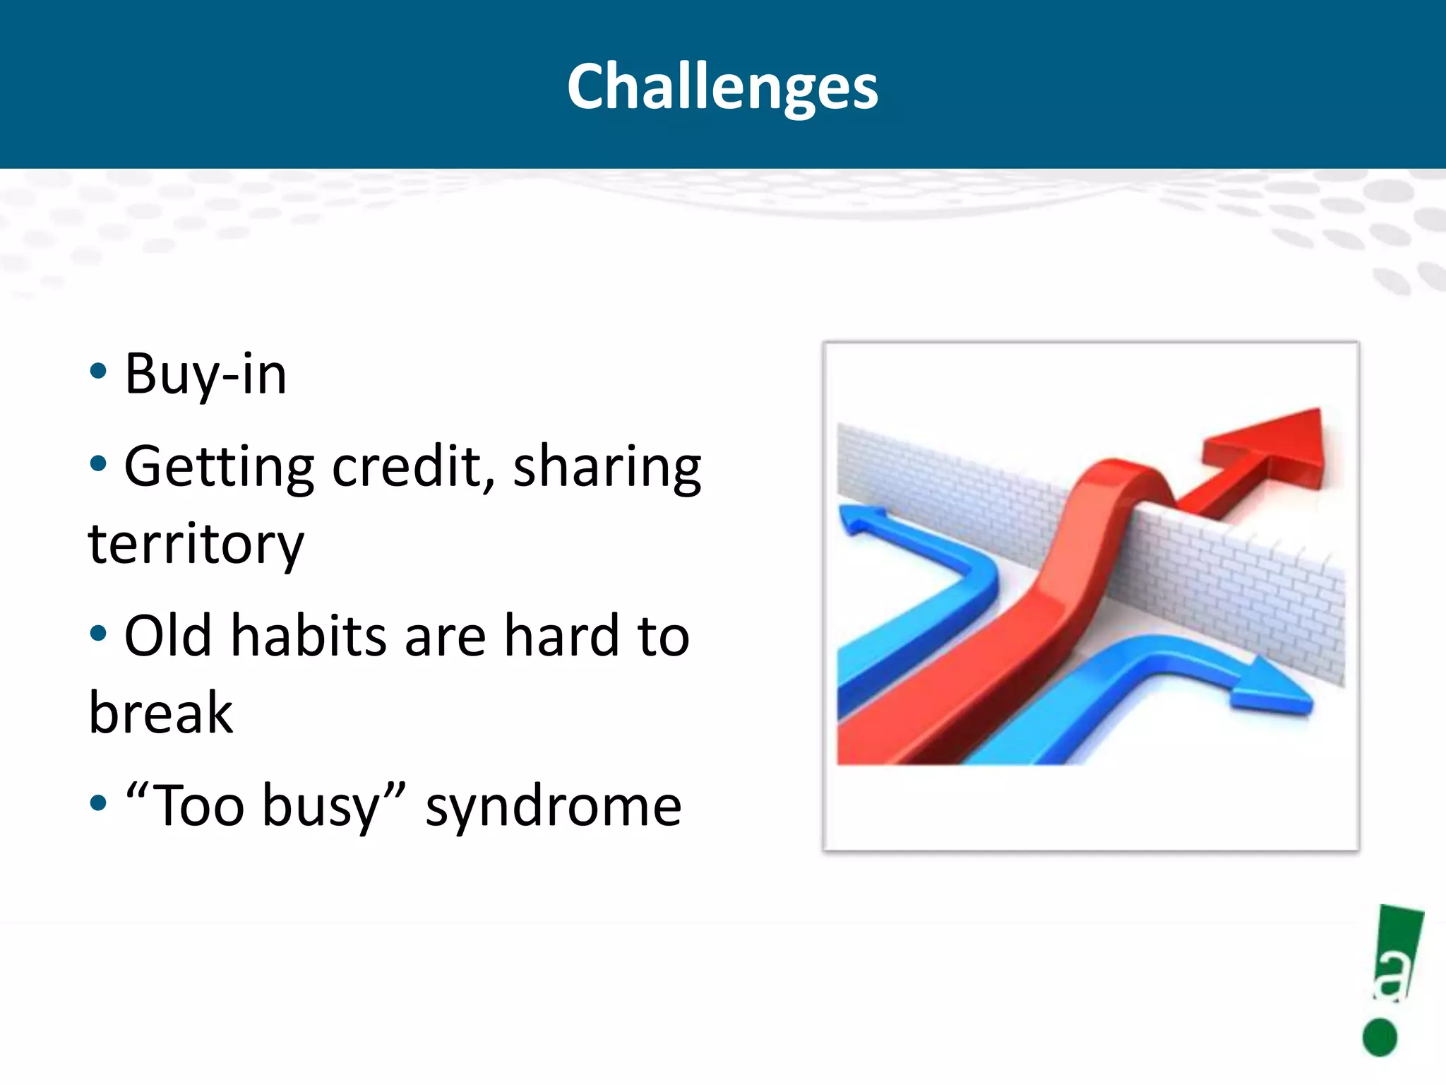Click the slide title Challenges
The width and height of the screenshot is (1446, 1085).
click(x=722, y=86)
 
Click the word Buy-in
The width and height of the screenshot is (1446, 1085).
click(x=205, y=374)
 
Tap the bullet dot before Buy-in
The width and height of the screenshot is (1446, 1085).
click(x=98, y=372)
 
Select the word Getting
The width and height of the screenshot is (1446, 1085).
click(x=219, y=468)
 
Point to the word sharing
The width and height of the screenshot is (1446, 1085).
click(x=607, y=468)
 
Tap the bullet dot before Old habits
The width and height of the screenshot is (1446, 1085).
click(x=98, y=633)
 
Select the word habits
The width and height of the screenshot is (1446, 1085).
click(x=309, y=636)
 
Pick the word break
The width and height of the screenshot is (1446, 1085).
click(x=161, y=713)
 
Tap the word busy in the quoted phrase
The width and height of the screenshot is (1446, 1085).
click(x=321, y=807)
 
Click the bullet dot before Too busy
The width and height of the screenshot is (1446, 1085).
click(x=98, y=802)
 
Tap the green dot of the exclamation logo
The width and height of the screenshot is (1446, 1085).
click(x=1380, y=1037)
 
